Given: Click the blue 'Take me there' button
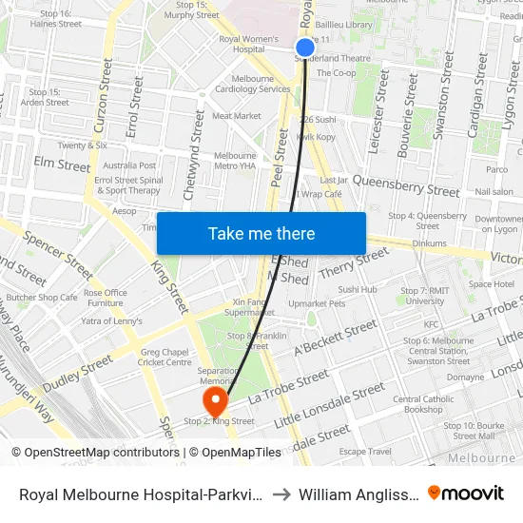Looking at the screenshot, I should pyautogui.click(x=261, y=233).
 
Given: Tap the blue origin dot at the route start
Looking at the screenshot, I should pyautogui.click(x=305, y=48).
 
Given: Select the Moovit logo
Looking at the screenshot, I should pyautogui.click(x=466, y=493).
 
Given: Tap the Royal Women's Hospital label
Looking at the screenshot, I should pyautogui.click(x=242, y=44).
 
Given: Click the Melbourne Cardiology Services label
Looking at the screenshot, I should pyautogui.click(x=252, y=84).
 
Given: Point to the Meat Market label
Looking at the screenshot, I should pyautogui.click(x=236, y=116).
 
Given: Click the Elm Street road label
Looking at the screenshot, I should pyautogui.click(x=62, y=165).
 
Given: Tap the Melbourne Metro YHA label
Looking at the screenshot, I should pyautogui.click(x=235, y=161).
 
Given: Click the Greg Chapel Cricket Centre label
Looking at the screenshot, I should pyautogui.click(x=165, y=357).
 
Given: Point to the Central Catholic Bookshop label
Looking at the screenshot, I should pyautogui.click(x=423, y=404).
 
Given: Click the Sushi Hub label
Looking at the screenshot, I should pyautogui.click(x=358, y=289).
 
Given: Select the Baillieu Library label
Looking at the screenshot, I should pyautogui.click(x=346, y=25).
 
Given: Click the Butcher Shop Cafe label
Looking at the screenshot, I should pyautogui.click(x=41, y=298).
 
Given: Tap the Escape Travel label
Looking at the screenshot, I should pyautogui.click(x=365, y=452).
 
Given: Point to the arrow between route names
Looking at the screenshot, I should pyautogui.click(x=282, y=494).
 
